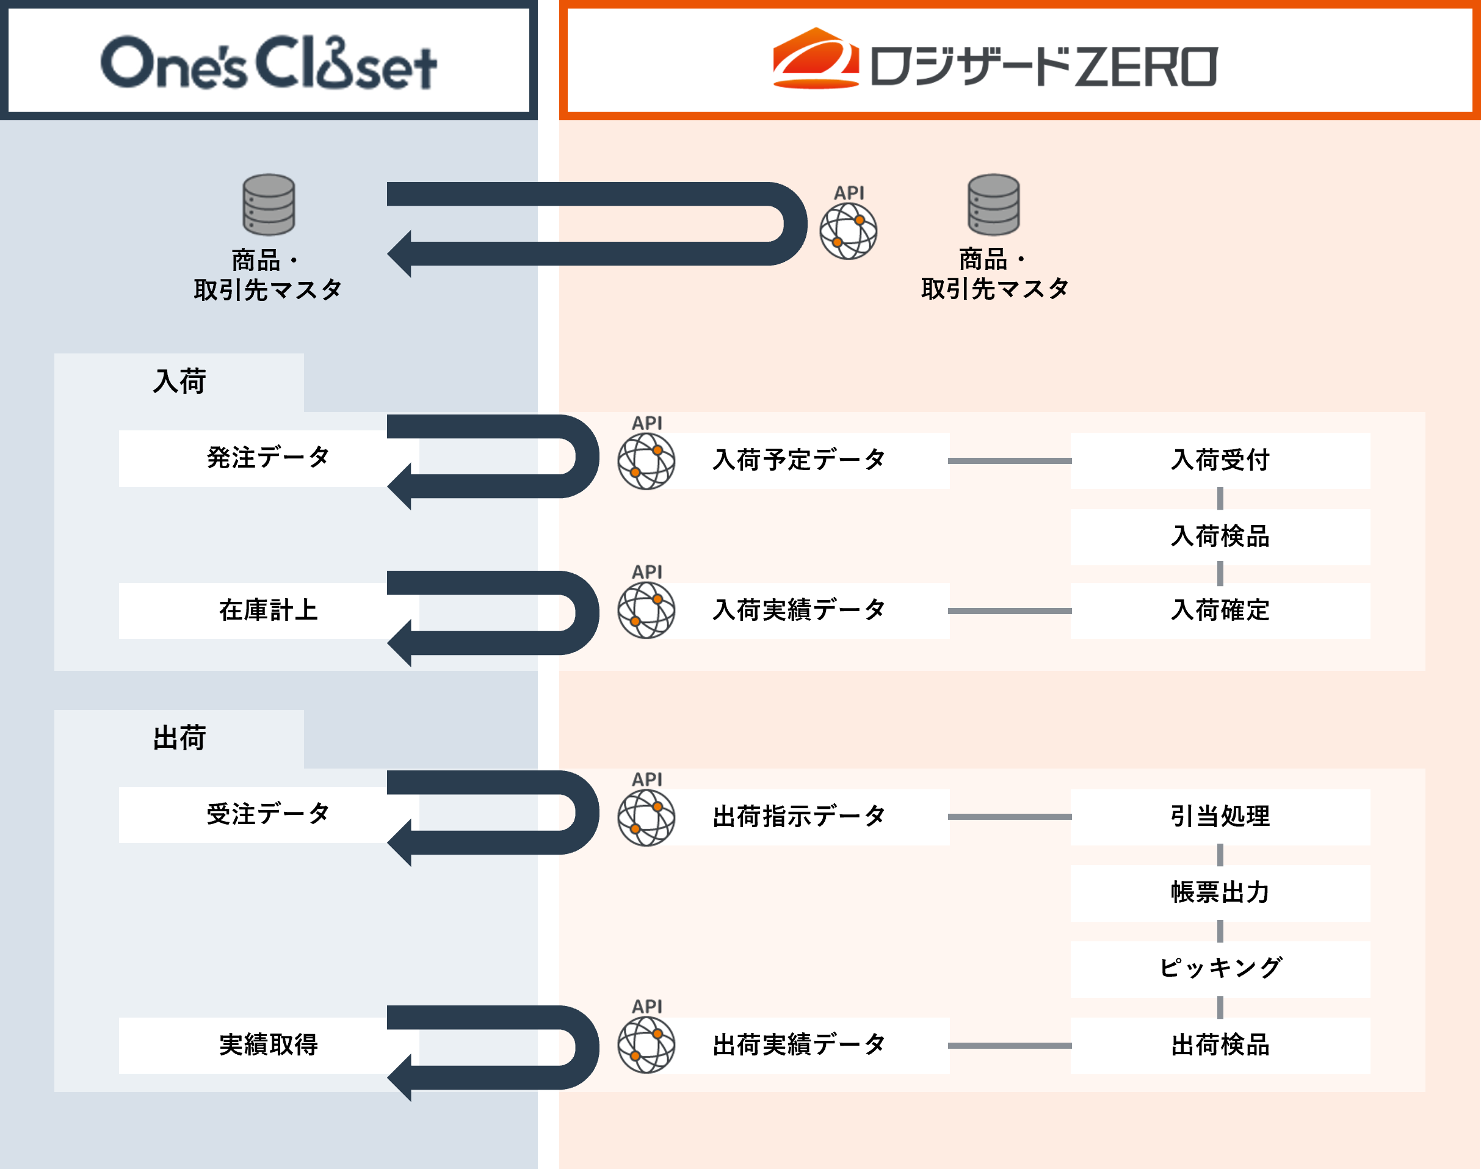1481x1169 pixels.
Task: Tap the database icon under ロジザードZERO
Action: click(993, 204)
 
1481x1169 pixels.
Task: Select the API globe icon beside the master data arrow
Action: click(849, 231)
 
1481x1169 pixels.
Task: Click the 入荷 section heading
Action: click(179, 382)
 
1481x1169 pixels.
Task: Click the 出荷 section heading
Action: click(179, 738)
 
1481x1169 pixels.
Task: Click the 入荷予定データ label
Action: click(799, 460)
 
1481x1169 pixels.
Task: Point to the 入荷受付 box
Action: click(1220, 460)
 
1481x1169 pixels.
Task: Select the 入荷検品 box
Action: click(1220, 537)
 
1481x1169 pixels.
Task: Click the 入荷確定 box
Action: click(1220, 610)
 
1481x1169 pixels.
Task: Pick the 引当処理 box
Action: click(1220, 817)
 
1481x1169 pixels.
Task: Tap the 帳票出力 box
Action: click(1220, 892)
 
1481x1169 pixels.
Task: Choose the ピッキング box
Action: click(1220, 968)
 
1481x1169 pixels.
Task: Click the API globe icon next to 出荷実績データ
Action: click(646, 1045)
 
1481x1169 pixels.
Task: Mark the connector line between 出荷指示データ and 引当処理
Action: click(1010, 817)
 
